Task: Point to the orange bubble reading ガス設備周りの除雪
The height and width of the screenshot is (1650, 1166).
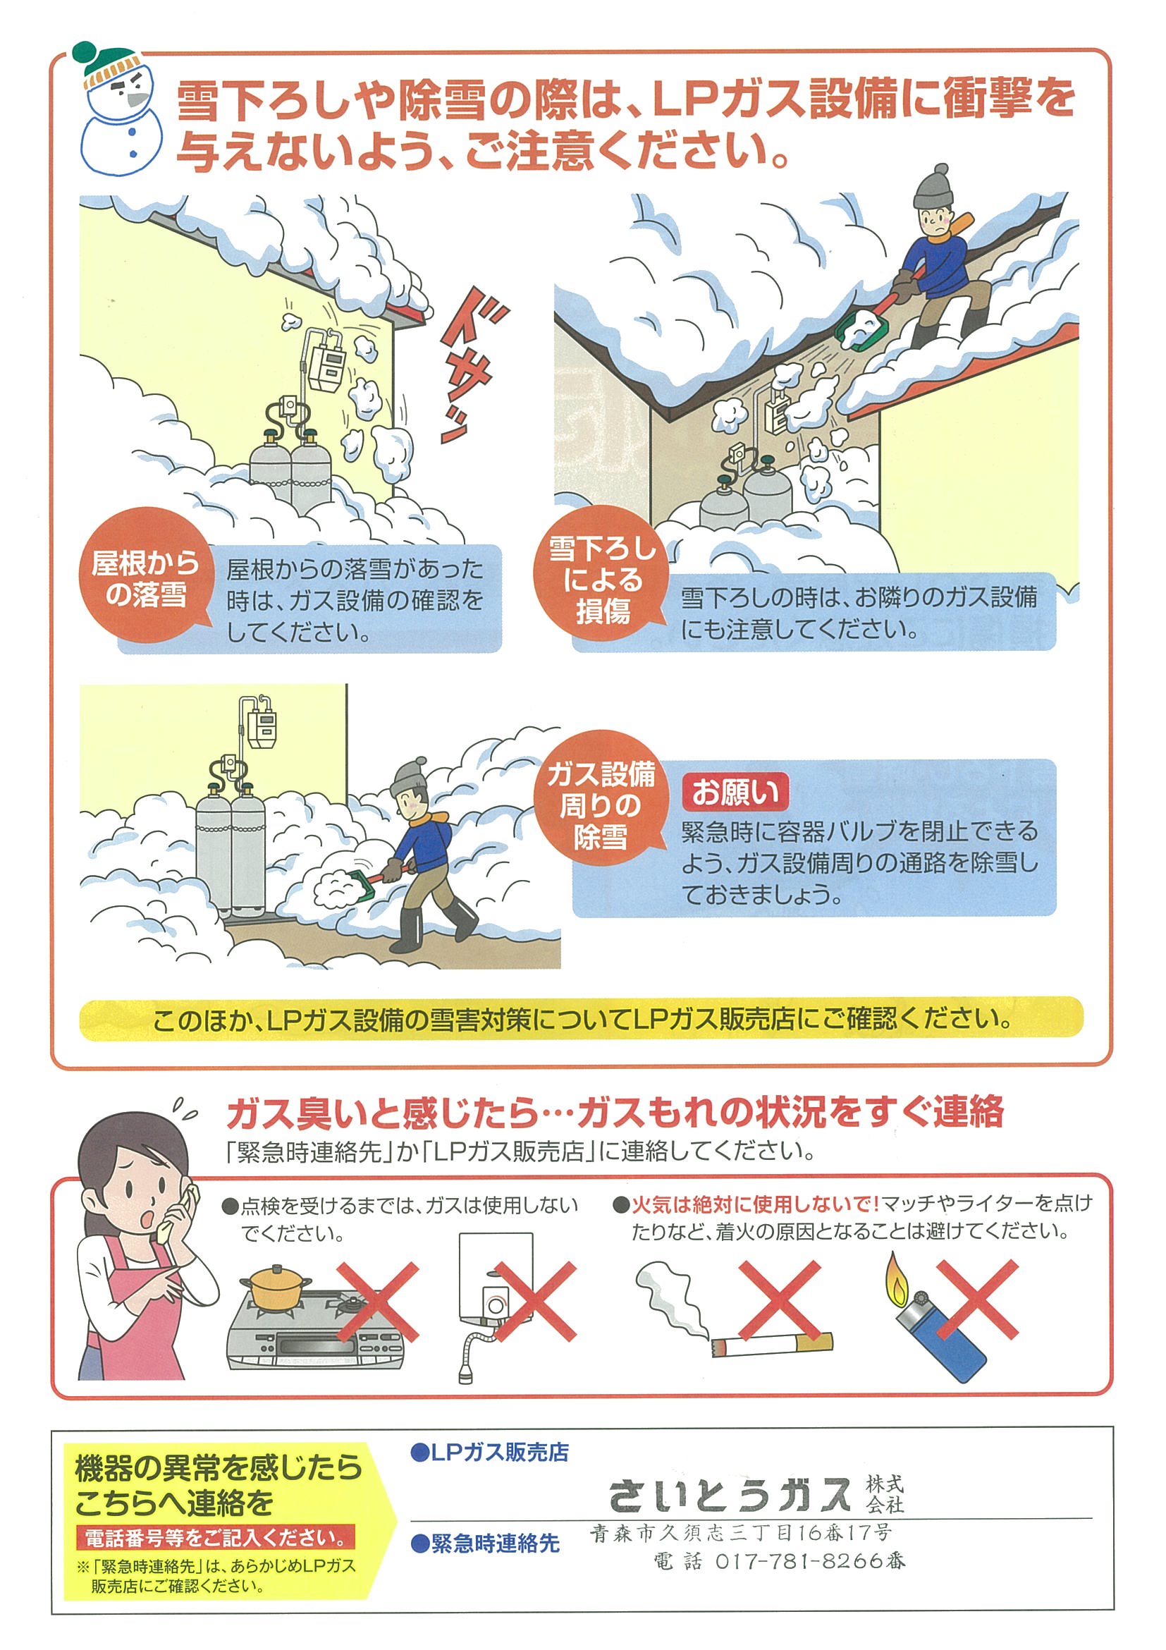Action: pyautogui.click(x=601, y=804)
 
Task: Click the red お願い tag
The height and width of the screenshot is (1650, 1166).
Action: pyautogui.click(x=735, y=793)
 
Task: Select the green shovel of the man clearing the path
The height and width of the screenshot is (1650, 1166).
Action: pyautogui.click(x=348, y=885)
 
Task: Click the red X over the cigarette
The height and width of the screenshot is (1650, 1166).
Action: pyautogui.click(x=778, y=1300)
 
